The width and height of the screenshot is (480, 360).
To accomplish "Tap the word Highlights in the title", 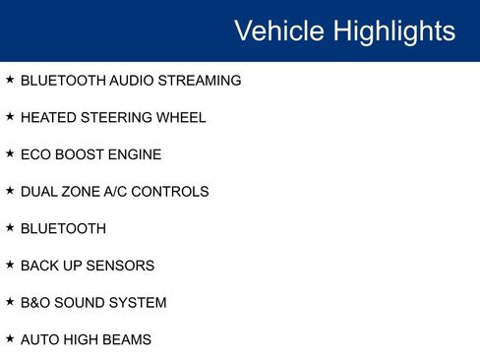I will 394,30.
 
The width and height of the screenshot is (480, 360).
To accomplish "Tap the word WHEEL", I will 184,118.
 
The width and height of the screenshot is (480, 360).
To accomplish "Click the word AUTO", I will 39,340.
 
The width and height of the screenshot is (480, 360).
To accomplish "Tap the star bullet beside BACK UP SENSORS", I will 10,265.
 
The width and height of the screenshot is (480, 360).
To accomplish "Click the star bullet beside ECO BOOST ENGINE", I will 10,153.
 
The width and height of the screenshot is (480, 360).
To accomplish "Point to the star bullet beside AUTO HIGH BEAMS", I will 10,338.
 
